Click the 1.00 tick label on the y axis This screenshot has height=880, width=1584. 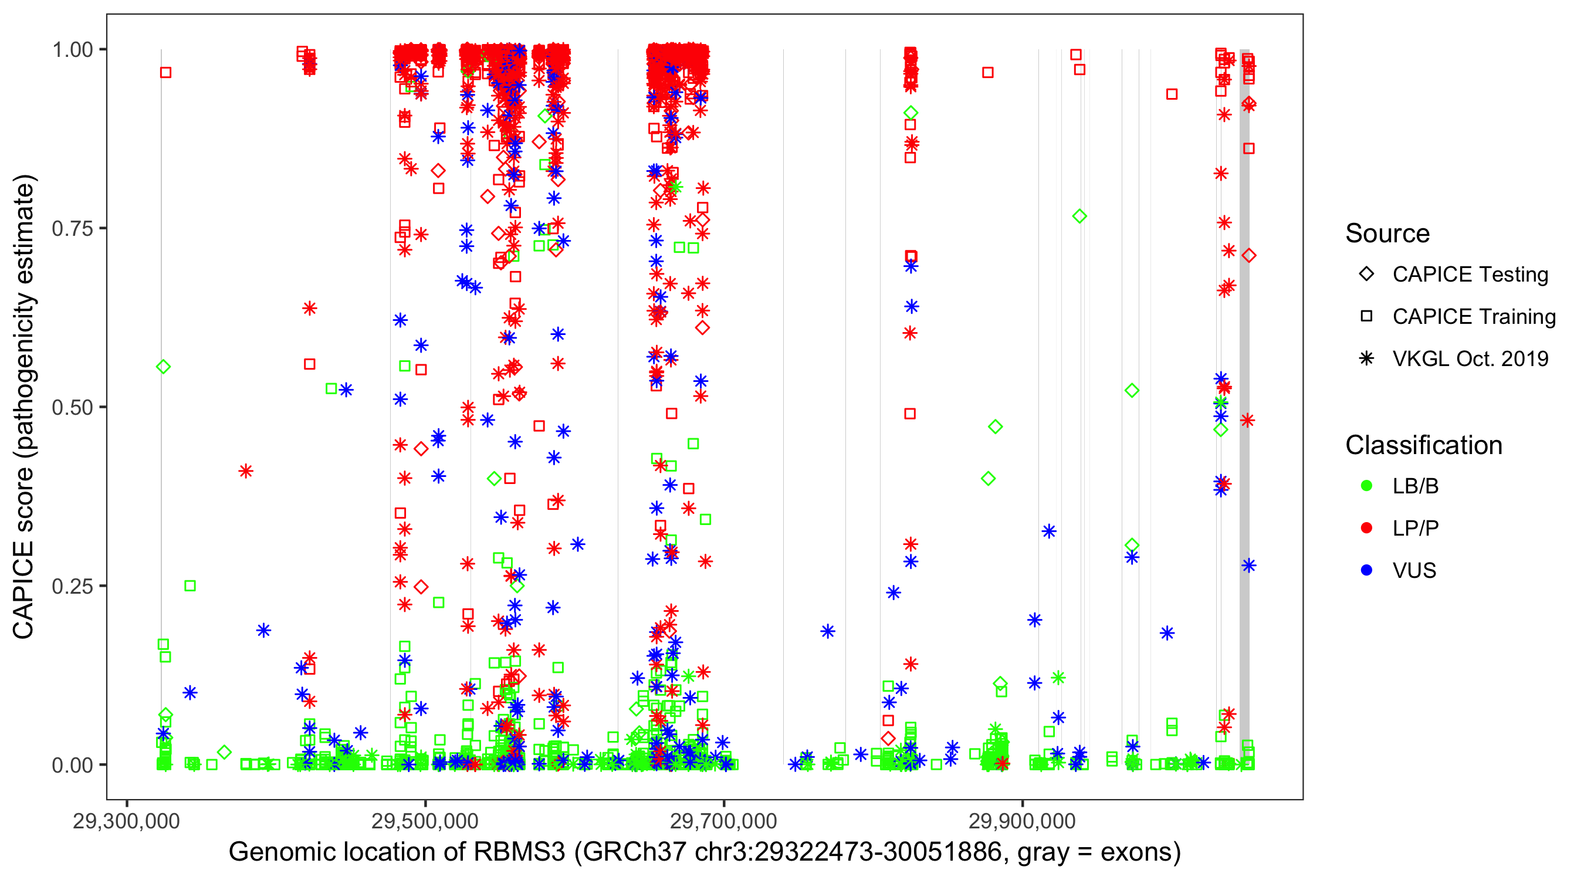point(72,50)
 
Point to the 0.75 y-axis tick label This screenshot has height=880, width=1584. point(72,229)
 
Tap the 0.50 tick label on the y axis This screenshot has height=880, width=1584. point(72,407)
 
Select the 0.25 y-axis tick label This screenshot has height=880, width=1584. point(72,586)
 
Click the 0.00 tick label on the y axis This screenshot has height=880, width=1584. point(72,765)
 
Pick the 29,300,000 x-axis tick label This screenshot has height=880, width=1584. point(126,821)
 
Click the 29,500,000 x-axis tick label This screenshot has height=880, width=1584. point(425,821)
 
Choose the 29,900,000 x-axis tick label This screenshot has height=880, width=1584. point(1022,821)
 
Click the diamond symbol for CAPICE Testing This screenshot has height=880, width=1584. point(1366,275)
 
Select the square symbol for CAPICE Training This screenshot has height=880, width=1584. point(1366,317)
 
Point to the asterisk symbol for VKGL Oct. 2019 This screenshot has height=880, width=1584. point(1366,358)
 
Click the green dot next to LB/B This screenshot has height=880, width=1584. point(1366,486)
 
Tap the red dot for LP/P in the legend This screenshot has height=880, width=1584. point(1366,528)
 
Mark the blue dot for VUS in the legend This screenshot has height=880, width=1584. point(1366,571)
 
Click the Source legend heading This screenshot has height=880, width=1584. point(1387,233)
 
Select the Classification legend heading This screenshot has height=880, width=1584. point(1423,445)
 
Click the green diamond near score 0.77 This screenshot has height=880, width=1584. point(1079,216)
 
